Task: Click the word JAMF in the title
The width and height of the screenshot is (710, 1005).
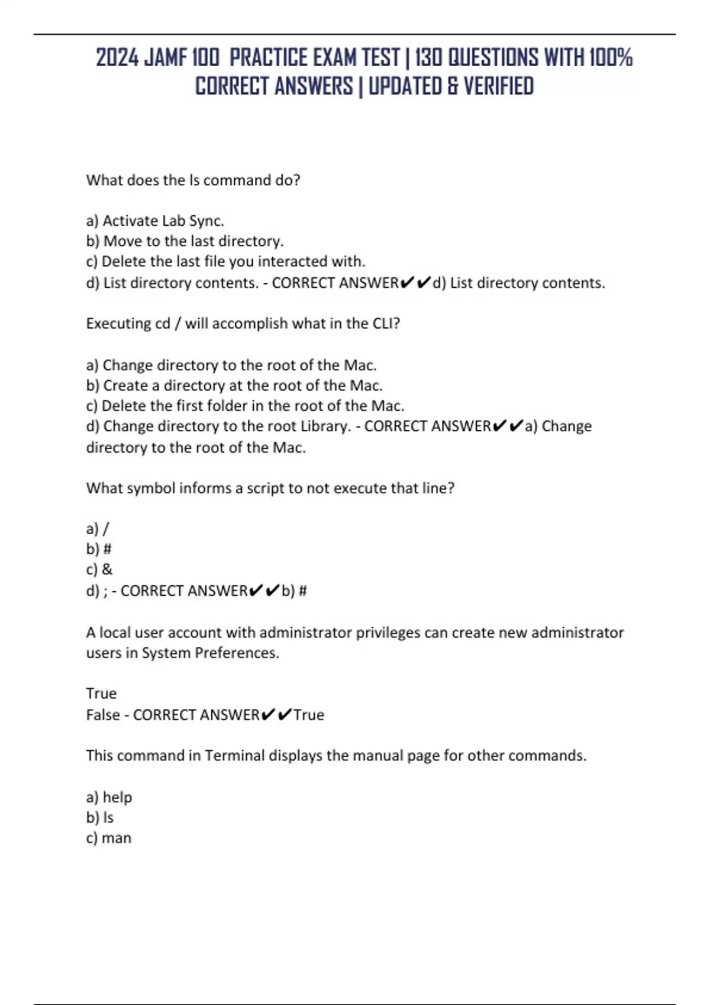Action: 166,58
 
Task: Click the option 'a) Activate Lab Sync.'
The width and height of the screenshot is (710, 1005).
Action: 155,221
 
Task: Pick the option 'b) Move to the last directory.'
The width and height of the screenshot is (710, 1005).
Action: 185,241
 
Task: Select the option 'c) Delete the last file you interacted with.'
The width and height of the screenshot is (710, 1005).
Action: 225,261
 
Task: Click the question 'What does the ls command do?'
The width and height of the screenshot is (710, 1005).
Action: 193,180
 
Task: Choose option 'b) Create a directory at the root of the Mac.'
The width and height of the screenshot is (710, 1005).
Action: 234,385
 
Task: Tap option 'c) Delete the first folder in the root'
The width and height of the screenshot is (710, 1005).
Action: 245,406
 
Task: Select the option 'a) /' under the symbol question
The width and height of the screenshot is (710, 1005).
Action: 98,529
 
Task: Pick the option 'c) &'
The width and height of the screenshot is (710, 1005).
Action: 99,569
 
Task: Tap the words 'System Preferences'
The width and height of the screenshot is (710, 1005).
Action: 210,653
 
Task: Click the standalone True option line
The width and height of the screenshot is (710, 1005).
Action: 101,693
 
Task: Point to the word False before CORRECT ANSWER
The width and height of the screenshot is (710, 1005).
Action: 103,715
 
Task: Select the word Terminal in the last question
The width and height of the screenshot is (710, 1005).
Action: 234,756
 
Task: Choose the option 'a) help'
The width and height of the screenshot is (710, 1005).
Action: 109,797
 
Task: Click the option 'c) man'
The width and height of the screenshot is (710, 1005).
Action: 108,838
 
